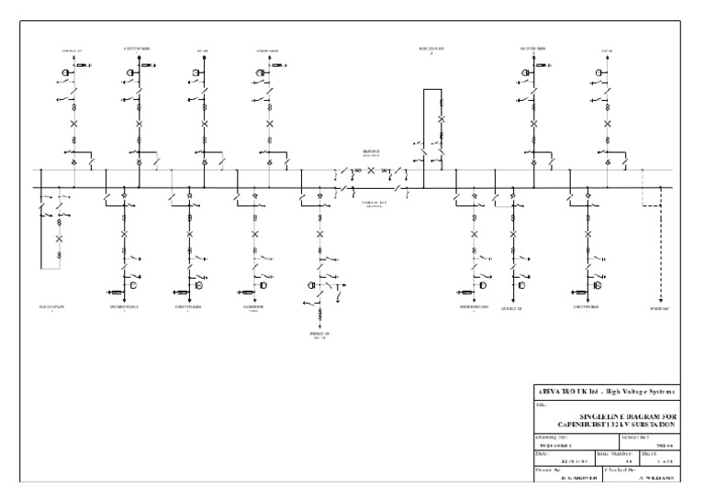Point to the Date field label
point(543,453)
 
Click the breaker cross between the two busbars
point(371,172)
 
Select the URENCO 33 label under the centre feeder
point(319,334)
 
